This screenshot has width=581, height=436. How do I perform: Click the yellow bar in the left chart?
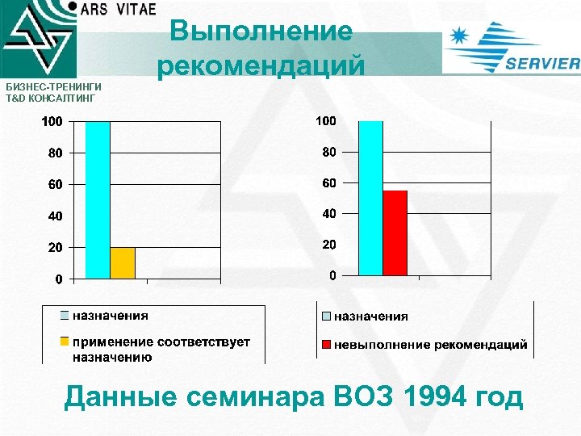pyautogui.click(x=123, y=263)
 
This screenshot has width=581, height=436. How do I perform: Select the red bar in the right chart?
pyautogui.click(x=395, y=233)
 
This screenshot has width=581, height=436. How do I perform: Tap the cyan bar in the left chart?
pyautogui.click(x=98, y=200)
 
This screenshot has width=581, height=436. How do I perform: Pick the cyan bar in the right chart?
pyautogui.click(x=370, y=199)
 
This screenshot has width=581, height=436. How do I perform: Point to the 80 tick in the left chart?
pyautogui.click(x=54, y=153)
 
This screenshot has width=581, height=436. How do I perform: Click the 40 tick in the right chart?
pyautogui.click(x=328, y=214)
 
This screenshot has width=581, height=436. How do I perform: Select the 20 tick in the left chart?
pyautogui.click(x=54, y=248)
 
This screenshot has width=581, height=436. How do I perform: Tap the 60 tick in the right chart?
pyautogui.click(x=328, y=183)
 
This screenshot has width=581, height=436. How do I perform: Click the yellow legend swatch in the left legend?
pyautogui.click(x=65, y=342)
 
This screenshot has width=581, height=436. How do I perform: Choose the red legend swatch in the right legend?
pyautogui.click(x=326, y=345)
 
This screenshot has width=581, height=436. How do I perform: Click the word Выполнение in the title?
pyautogui.click(x=261, y=32)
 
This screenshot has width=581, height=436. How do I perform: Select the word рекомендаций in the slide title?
pyautogui.click(x=261, y=65)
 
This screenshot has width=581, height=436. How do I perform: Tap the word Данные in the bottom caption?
pyautogui.click(x=119, y=398)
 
